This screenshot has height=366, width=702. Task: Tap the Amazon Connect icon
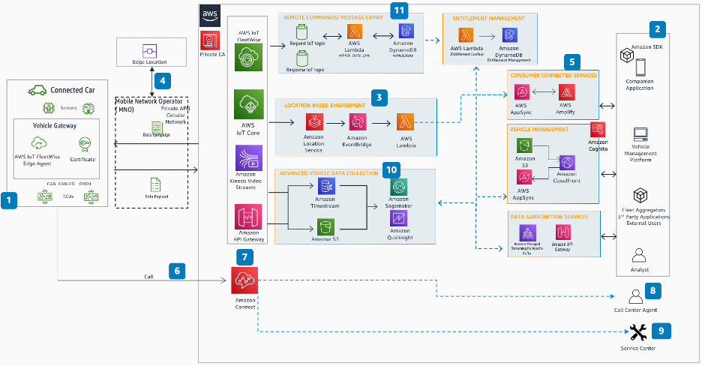244,281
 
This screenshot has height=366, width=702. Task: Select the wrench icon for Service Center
639,331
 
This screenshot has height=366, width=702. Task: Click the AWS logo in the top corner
210,16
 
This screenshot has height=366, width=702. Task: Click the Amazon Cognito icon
598,129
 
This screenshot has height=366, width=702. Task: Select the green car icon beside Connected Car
36,90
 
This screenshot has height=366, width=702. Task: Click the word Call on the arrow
149,277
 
